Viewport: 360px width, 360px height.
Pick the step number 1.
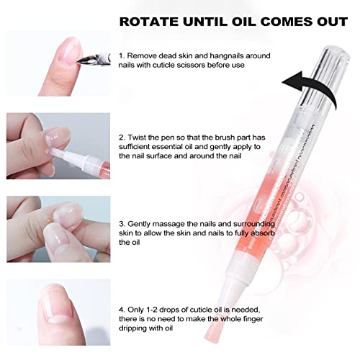pyautogui.click(x=122, y=55)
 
